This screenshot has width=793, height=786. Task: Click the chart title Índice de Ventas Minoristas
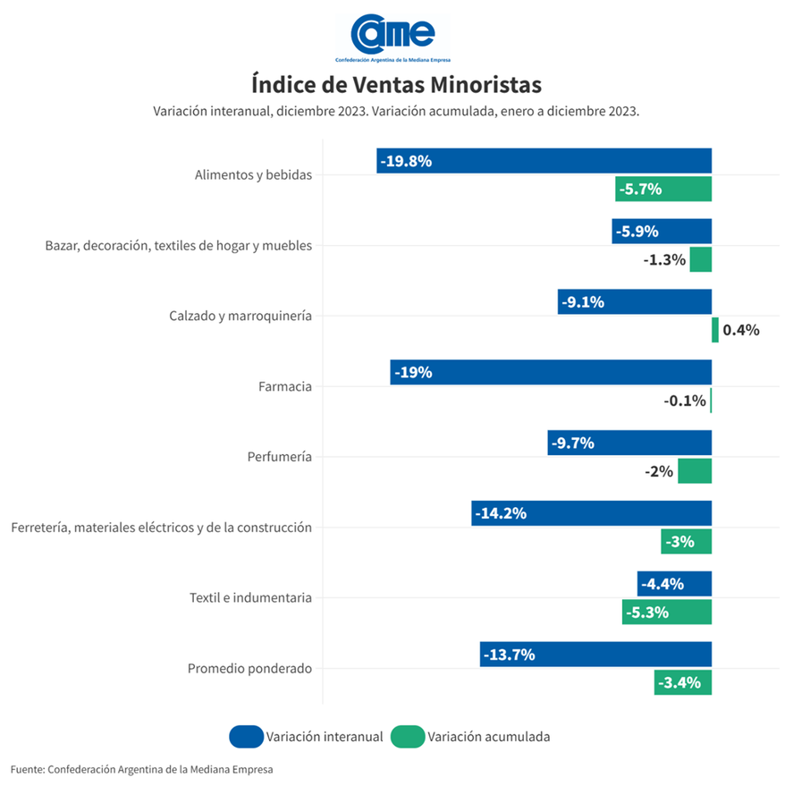[x=396, y=85]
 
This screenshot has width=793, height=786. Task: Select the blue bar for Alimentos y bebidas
[x=544, y=161]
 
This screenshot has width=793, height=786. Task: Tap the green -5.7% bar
[x=663, y=190]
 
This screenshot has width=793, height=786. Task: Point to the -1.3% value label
[x=664, y=260]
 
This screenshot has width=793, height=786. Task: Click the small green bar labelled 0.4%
[x=714, y=330]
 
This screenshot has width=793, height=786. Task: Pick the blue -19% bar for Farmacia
[x=551, y=373]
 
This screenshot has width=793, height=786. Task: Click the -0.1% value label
[x=684, y=401]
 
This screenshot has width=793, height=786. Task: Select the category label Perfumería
[x=279, y=457]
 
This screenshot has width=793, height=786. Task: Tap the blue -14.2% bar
[x=591, y=513]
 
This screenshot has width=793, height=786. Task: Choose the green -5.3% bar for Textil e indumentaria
[x=667, y=613]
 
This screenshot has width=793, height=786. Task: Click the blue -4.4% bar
[x=674, y=584]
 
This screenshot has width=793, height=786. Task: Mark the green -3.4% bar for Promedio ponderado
[x=683, y=683]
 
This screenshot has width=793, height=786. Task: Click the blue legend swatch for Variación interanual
[x=245, y=737]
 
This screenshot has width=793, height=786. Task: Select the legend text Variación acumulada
[x=488, y=737]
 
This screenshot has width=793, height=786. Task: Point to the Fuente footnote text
[x=141, y=769]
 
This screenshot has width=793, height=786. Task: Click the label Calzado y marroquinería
[x=240, y=316]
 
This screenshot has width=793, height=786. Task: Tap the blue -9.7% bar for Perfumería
[x=629, y=443]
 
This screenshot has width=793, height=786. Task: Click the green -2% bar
[x=695, y=471]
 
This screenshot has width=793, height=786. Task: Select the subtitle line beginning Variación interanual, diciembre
[x=395, y=112]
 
